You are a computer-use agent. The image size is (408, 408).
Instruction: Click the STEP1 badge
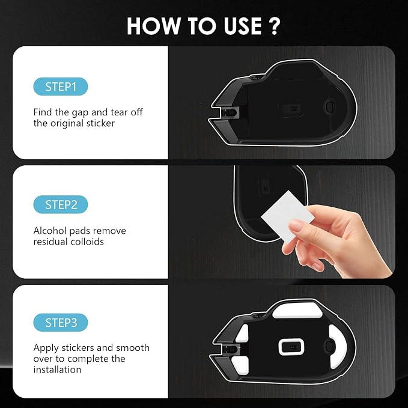point(61,87)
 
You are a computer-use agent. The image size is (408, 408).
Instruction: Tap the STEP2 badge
point(61,204)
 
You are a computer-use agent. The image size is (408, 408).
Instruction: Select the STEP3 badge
point(61,323)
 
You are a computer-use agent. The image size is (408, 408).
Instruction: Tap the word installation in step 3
point(57,370)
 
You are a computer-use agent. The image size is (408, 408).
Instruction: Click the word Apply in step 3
point(46,348)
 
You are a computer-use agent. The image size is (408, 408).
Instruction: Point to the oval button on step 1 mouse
point(328,105)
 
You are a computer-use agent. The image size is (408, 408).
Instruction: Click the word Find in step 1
point(43,112)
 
